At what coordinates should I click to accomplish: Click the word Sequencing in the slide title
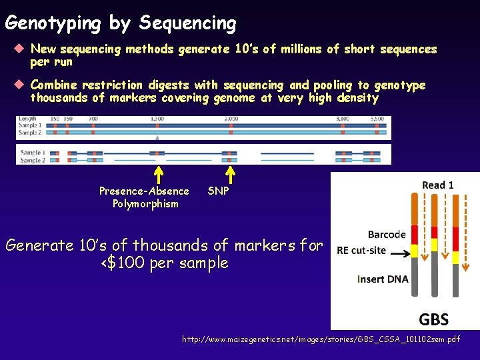point(187,24)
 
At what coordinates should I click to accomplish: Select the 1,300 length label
point(157,119)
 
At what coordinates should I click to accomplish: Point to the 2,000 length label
point(231,119)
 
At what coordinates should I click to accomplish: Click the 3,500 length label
point(377,119)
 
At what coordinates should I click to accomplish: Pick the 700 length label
point(93,119)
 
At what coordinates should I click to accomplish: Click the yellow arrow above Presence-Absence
point(159,173)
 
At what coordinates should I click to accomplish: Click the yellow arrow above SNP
point(230,173)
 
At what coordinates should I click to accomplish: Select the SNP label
point(219,191)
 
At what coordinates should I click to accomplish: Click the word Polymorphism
point(145,204)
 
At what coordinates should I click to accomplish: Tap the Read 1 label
point(438,185)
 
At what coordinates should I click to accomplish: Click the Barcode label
point(387,235)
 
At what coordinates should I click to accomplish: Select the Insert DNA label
point(383,279)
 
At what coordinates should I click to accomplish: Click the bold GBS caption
point(433,319)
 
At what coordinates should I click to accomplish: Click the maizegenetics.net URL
point(321,340)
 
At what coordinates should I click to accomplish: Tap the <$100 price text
point(127,263)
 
